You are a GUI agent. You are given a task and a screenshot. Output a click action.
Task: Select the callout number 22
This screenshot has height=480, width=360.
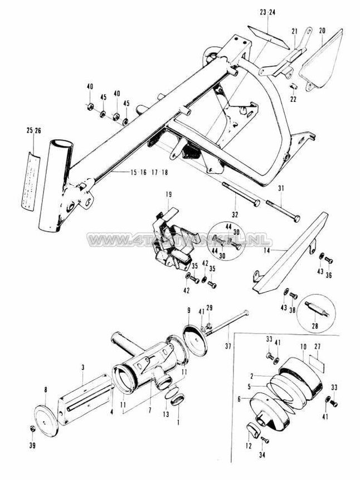[x=294, y=99]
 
